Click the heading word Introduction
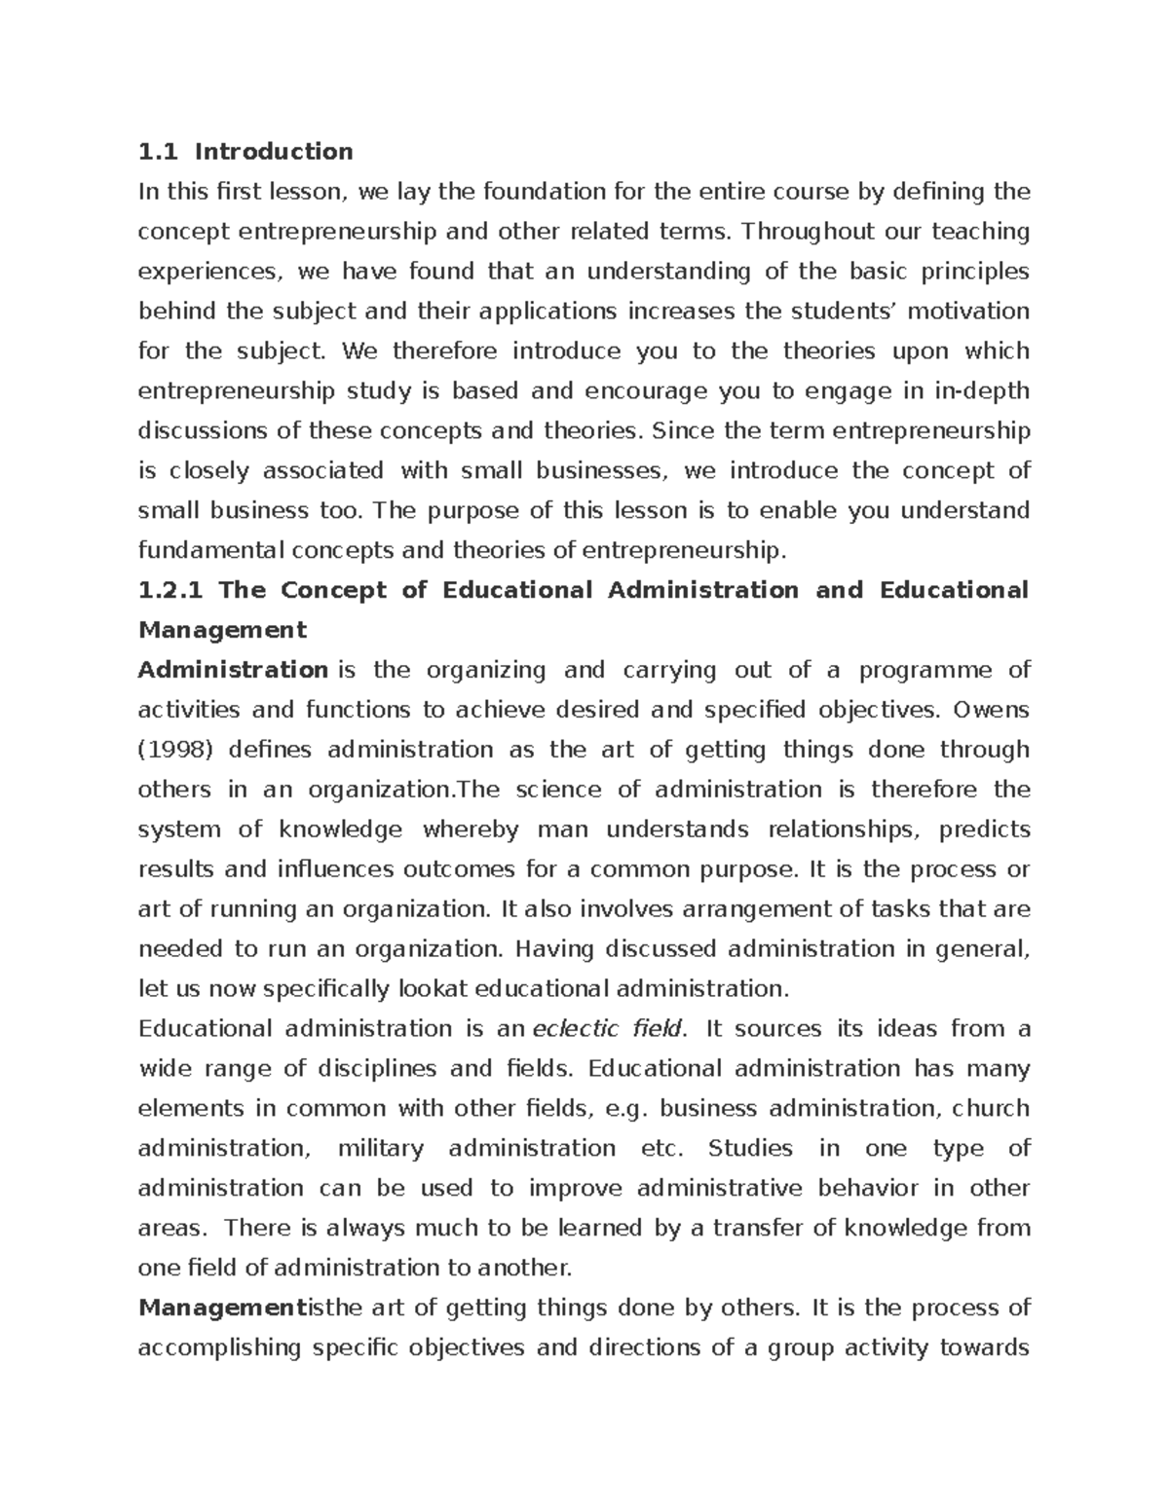273,152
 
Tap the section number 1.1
156,152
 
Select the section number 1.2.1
170,590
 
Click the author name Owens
991,710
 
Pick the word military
380,1149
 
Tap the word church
991,1109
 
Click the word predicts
985,830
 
